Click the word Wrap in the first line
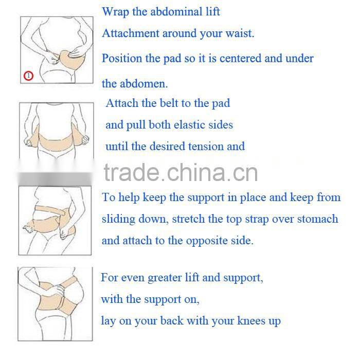116,11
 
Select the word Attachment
131,34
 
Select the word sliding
120,219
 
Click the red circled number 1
28,76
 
